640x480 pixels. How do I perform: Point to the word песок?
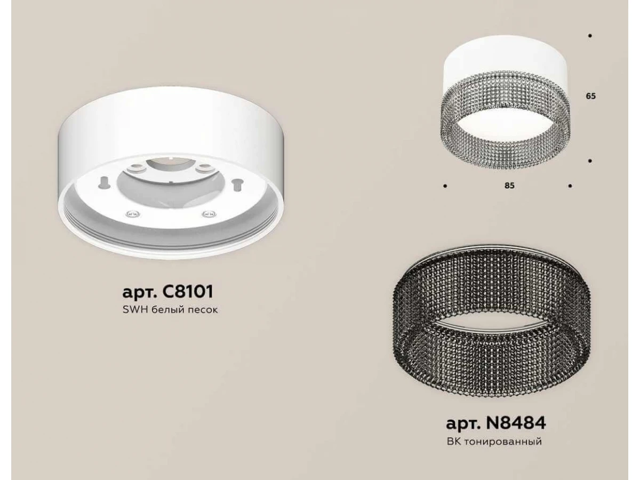tap(203, 310)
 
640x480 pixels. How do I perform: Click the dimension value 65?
tap(590, 96)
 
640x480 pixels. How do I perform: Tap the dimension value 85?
tap(509, 186)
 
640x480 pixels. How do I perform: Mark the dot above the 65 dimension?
tap(590, 36)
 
